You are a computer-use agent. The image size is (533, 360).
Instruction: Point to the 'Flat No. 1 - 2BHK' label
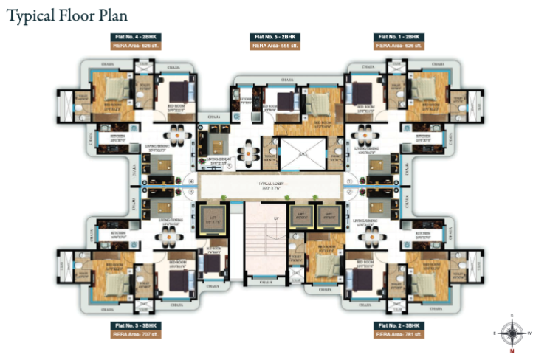399,36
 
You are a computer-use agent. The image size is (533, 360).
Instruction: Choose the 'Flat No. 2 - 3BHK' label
399,325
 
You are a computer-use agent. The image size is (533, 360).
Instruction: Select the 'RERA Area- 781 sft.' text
399,334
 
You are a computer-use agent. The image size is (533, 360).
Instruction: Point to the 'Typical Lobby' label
266,184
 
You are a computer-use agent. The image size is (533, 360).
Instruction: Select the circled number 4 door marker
190,181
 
